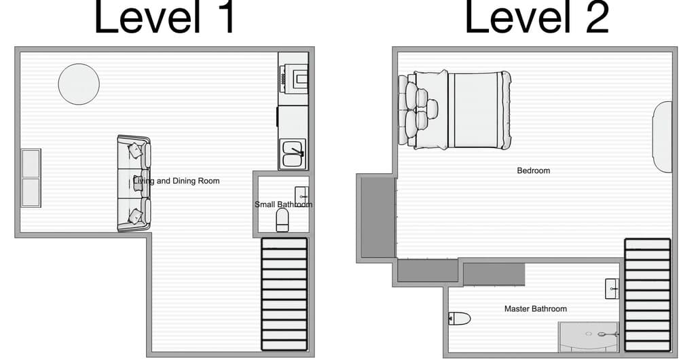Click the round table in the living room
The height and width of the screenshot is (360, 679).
pos(79,84)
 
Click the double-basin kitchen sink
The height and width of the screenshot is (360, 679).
pos(293,154)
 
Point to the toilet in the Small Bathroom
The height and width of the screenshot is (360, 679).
pos(282,219)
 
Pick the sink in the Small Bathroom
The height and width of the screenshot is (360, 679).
pos(301,196)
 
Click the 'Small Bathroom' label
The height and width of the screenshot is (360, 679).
pos(283,204)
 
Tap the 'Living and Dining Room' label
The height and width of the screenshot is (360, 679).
pos(176,181)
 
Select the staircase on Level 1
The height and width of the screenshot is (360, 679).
pos(285,293)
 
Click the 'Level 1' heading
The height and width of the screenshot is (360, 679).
pos(164,18)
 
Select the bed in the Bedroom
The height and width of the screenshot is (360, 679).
pos(455,110)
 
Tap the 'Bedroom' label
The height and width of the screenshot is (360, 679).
pos(533,170)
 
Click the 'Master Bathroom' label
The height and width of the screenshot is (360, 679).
pos(535,309)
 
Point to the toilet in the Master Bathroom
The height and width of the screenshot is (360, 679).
pos(460,318)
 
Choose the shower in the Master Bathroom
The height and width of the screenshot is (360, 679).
pos(588,337)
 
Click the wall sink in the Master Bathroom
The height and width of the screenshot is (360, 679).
pos(612,289)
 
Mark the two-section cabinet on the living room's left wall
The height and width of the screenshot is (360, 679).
pos(31,178)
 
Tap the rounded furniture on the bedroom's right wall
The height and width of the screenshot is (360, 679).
pos(662,137)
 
